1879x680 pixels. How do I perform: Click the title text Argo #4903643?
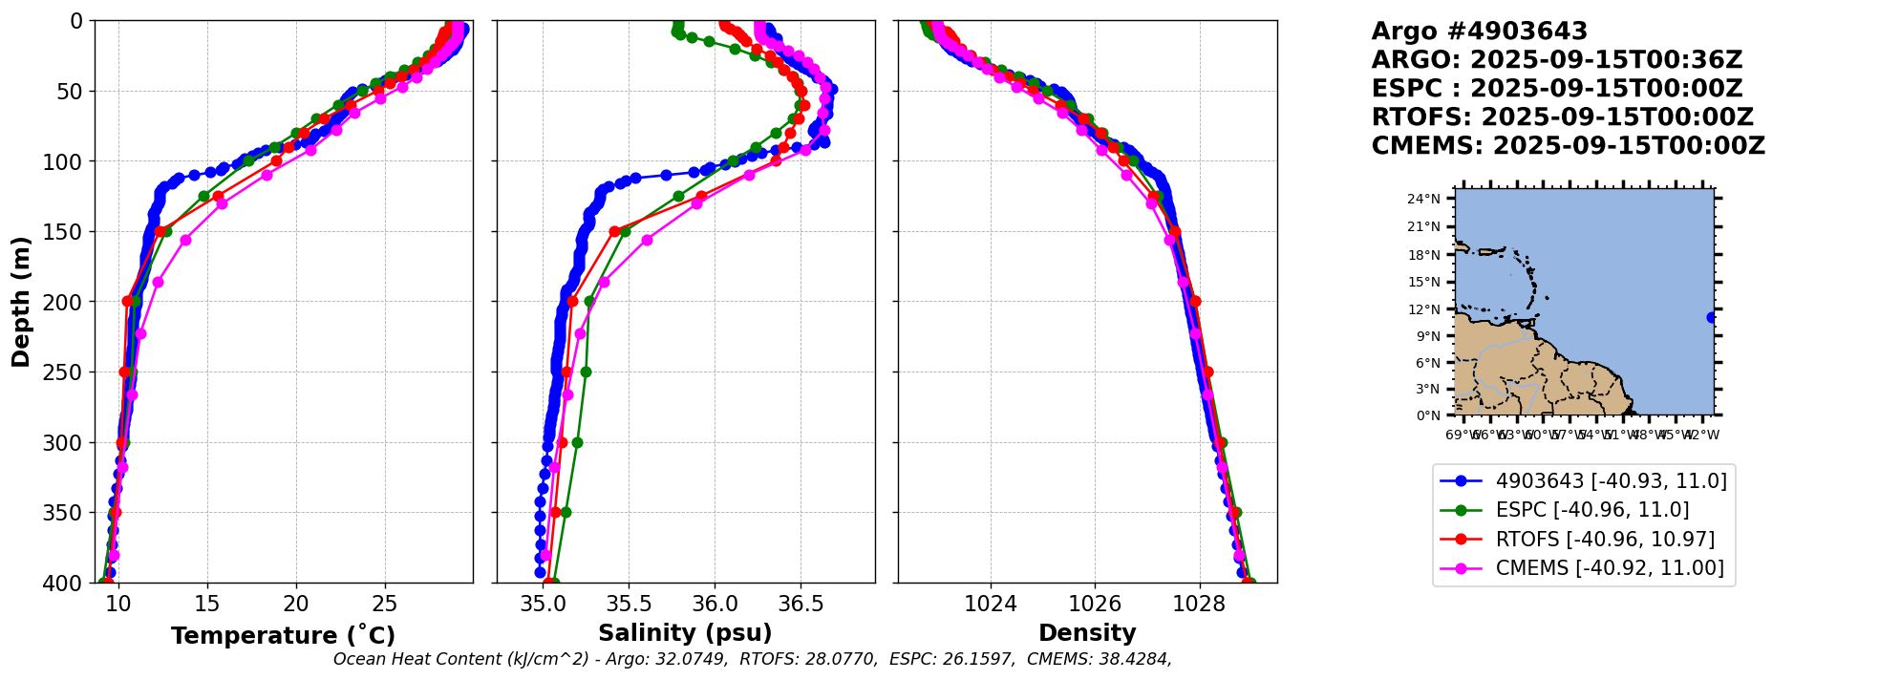tap(1479, 32)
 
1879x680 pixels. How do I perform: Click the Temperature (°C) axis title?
tap(283, 636)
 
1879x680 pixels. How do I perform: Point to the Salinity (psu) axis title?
tap(685, 633)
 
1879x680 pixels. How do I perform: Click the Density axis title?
tap(1087, 633)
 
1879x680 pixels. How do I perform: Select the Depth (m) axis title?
tap(21, 301)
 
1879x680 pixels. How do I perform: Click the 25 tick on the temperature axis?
tap(384, 605)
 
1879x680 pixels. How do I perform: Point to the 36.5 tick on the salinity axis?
tap(801, 605)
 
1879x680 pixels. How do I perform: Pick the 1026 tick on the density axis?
tap(1095, 605)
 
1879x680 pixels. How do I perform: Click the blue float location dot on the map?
tap(1711, 318)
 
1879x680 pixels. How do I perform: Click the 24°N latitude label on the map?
tap(1424, 200)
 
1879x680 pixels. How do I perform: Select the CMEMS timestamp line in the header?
tap(1568, 146)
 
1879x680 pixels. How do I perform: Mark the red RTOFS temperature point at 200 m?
tap(128, 301)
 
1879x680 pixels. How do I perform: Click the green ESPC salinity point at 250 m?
tap(586, 372)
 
